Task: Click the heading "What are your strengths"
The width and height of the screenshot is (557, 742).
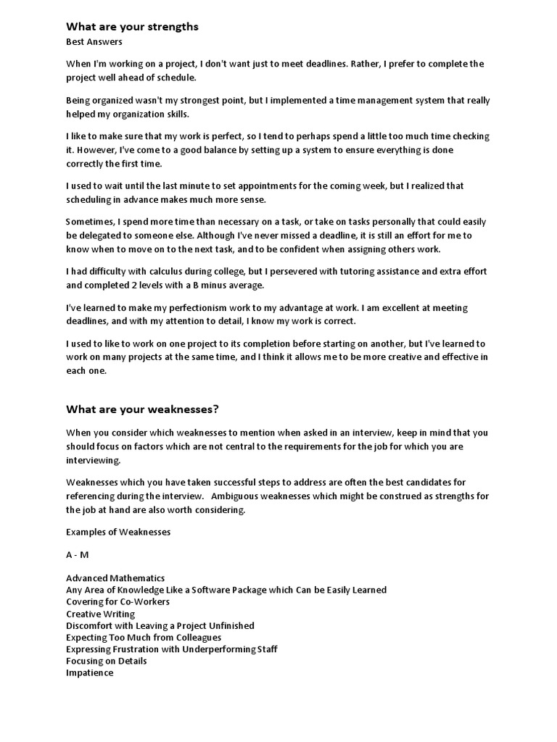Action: tap(132, 27)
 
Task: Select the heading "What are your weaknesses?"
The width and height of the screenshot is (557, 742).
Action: tap(142, 409)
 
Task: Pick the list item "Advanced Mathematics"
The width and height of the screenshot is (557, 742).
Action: tap(115, 578)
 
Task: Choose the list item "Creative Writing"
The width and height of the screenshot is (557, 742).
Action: tap(100, 614)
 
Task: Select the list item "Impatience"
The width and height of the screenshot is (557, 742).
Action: tap(89, 672)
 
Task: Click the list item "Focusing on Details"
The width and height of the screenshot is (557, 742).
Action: tap(106, 661)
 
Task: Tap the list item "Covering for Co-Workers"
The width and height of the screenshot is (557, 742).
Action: tap(117, 601)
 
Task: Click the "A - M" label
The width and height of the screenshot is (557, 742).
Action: tap(78, 555)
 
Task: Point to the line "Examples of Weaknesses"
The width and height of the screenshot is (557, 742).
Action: tap(118, 532)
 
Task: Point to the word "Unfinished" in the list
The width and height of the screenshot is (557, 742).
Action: tap(229, 625)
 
